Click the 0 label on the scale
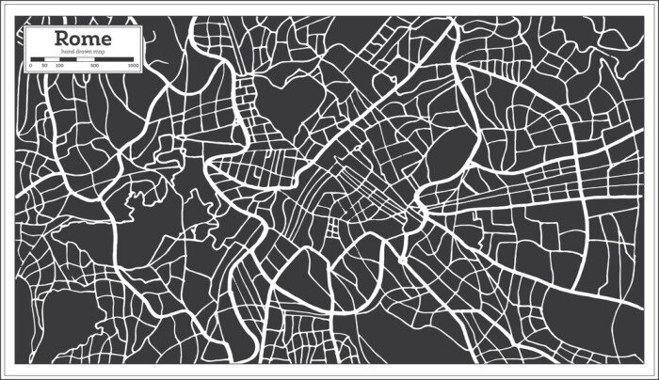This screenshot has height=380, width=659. tap(32, 66)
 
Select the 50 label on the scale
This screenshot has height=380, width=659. tap(44, 66)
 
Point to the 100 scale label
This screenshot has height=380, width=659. tap(59, 66)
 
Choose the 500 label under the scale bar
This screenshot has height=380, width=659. tap(95, 66)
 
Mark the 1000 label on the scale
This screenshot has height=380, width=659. tap(133, 66)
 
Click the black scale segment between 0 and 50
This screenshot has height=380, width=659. tap(38, 59)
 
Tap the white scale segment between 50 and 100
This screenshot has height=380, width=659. tap(51, 59)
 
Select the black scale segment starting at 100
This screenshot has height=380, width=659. tap(67, 59)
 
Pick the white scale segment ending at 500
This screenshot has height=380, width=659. tap(85, 59)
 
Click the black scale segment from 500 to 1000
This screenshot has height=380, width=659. tap(114, 59)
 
